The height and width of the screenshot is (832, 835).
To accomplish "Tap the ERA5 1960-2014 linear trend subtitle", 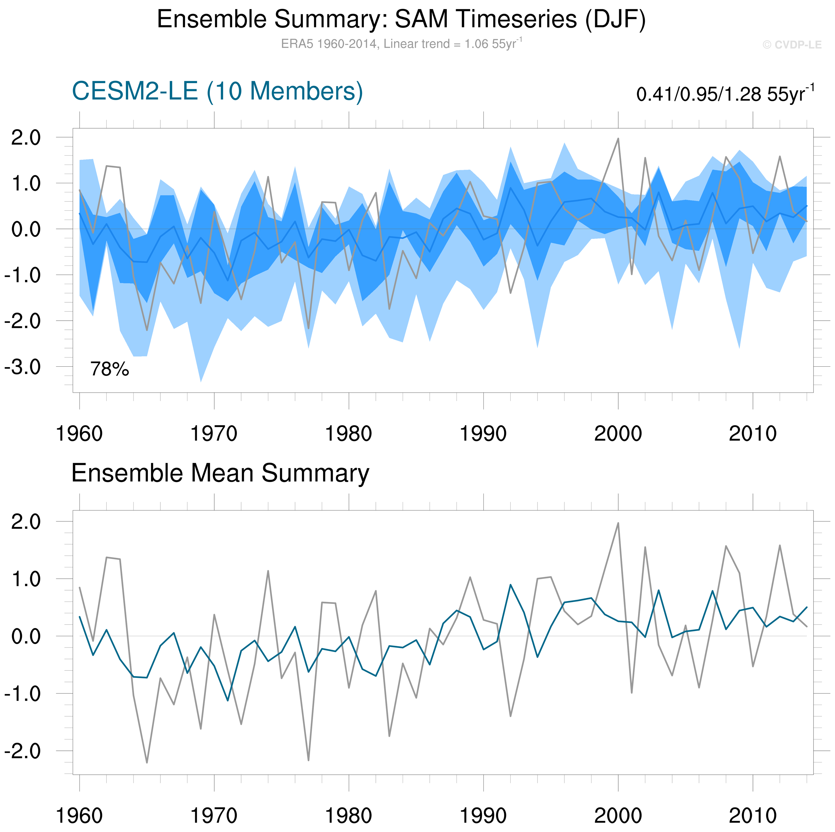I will click(x=401, y=44).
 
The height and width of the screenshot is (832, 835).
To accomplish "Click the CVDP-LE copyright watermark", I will click(x=792, y=45).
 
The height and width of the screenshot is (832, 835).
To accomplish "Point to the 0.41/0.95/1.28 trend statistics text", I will click(x=725, y=94).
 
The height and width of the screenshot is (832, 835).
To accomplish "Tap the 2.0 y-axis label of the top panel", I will click(x=26, y=138).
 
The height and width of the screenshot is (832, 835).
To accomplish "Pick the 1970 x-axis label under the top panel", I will click(x=214, y=434).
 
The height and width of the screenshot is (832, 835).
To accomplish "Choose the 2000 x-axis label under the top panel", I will click(x=618, y=434).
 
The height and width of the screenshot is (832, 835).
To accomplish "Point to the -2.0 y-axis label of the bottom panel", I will click(x=22, y=752).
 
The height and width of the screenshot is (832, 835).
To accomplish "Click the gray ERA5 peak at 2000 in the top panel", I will click(x=618, y=139).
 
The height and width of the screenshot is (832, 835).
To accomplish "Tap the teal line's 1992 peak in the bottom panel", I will click(x=510, y=585).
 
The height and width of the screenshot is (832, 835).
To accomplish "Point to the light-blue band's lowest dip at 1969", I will click(x=201, y=381).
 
